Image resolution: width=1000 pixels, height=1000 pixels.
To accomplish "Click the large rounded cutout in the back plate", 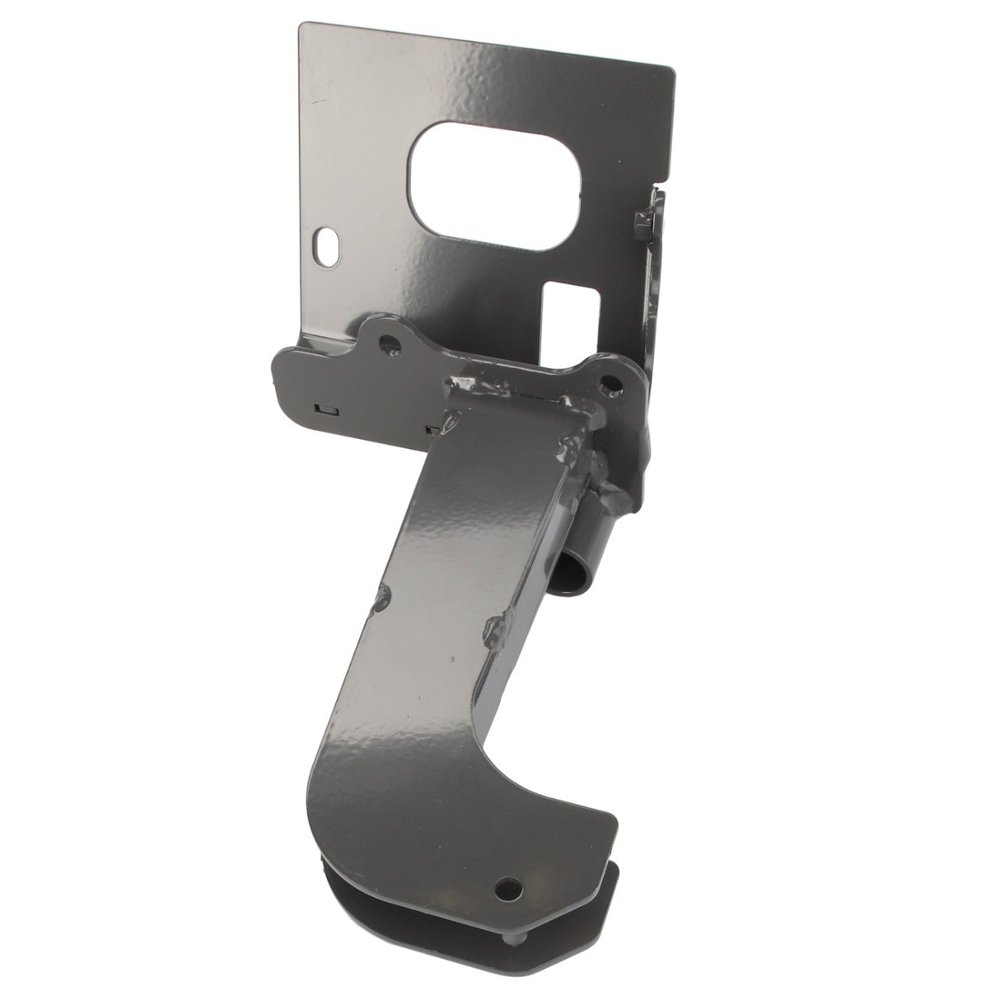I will [498, 179].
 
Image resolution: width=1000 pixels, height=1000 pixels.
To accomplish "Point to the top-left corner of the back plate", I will [301, 25].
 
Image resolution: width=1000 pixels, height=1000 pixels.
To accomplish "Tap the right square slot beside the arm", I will [431, 428].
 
